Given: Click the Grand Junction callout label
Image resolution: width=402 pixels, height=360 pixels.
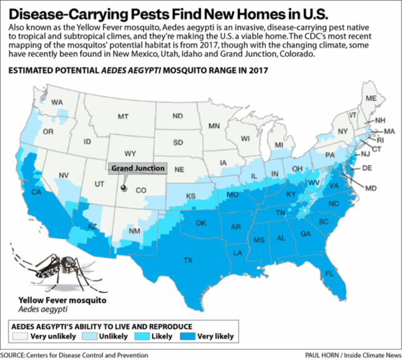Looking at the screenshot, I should tap(138, 168).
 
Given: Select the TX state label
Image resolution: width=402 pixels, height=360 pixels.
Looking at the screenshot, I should tap(188, 259).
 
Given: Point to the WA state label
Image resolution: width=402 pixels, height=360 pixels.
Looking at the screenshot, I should tap(57, 102).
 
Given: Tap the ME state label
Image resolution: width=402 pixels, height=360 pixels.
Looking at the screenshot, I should tap(371, 99).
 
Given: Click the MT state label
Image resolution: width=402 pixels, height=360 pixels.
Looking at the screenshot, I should tap(123, 116).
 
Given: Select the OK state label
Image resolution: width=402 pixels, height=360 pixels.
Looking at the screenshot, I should tap(201, 223).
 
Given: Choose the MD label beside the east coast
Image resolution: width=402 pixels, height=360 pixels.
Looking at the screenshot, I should tap(371, 187).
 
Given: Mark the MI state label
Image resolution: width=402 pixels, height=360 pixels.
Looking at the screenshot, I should tap(279, 145).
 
